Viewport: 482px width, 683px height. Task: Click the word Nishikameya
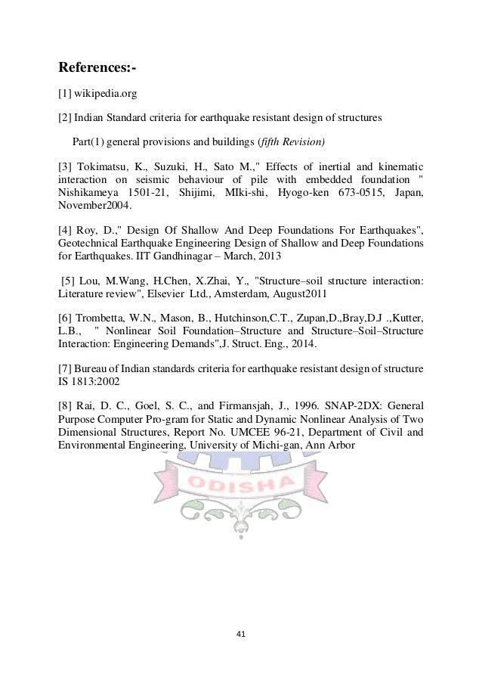pos(88,193)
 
